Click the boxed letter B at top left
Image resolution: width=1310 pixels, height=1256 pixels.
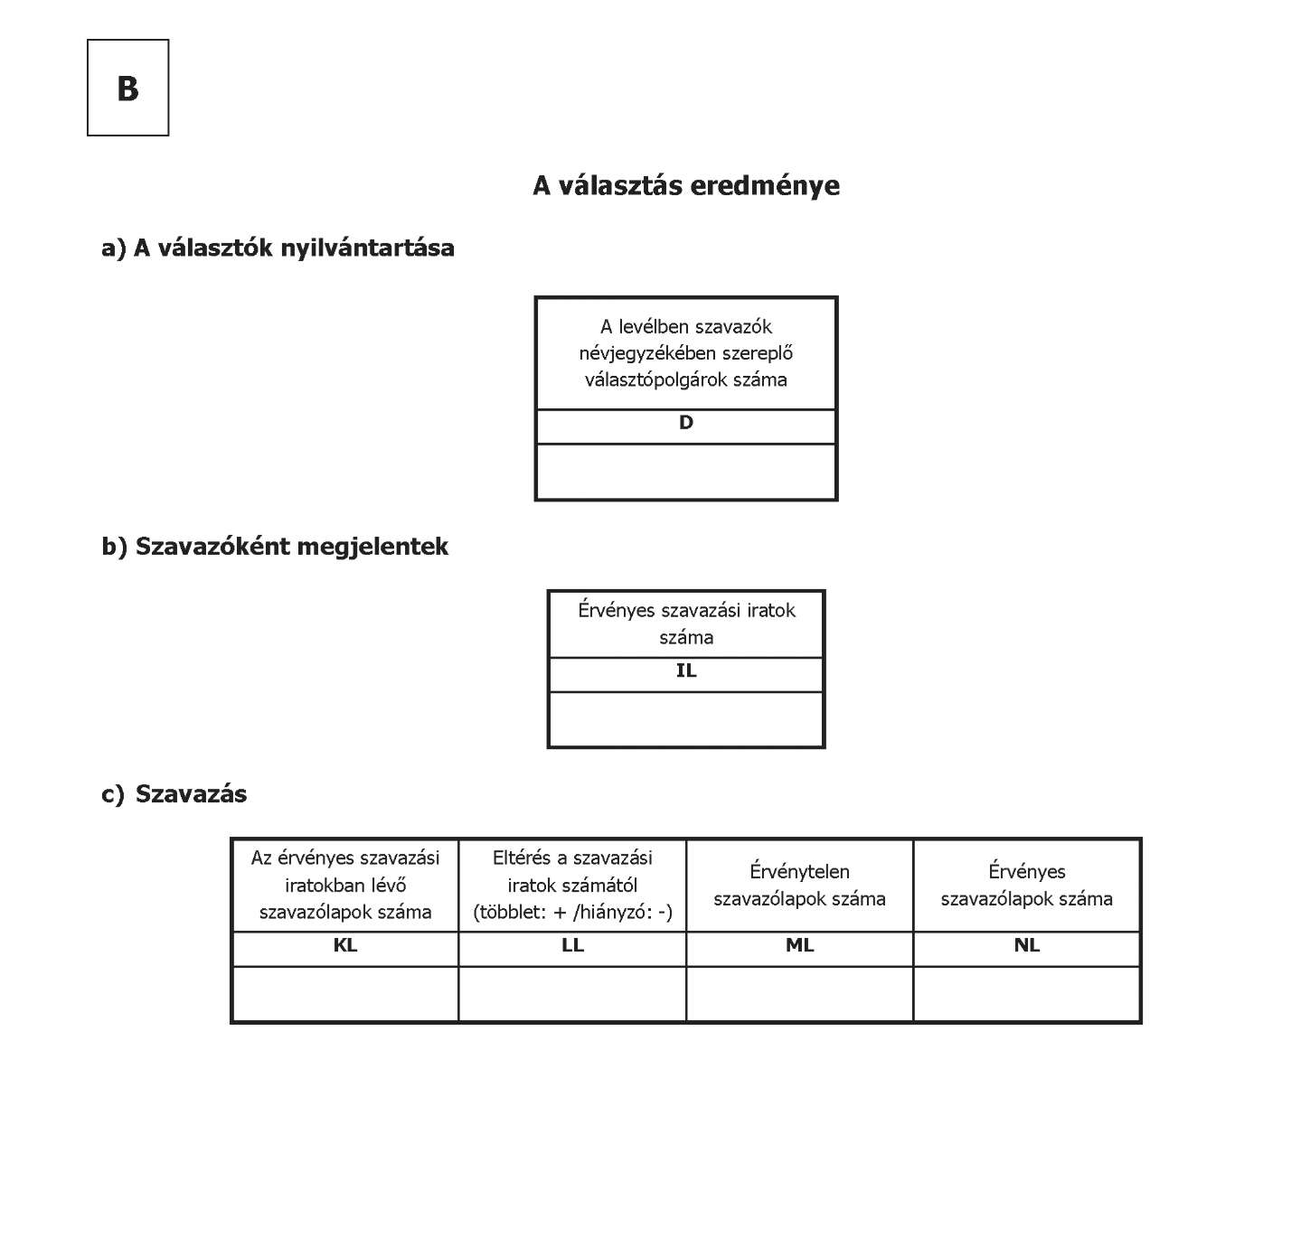point(127,89)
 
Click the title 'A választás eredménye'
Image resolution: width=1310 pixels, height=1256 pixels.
point(686,185)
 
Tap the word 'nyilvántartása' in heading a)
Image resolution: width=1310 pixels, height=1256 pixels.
point(367,248)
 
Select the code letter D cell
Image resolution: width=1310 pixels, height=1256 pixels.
point(686,426)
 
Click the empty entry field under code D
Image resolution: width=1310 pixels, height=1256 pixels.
point(686,471)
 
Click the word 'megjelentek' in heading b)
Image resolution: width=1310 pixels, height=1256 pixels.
point(372,547)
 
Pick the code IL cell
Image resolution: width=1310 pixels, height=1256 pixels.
point(686,674)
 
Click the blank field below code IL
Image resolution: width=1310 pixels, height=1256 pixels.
point(686,718)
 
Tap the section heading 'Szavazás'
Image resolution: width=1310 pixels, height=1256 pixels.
point(191,794)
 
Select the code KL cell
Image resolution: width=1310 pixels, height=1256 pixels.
point(345,949)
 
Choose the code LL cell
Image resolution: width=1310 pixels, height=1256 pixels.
point(572,949)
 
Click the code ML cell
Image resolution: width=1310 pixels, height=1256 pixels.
point(800,949)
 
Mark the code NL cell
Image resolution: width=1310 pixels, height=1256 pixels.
point(1027,949)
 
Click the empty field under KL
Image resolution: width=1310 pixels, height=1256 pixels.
point(345,994)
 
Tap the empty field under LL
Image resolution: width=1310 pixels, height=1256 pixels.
point(572,994)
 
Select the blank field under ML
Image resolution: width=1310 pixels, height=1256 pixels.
point(800,994)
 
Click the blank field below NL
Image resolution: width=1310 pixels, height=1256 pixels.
point(1027,994)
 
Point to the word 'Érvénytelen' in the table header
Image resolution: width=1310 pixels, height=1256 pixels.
point(800,871)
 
